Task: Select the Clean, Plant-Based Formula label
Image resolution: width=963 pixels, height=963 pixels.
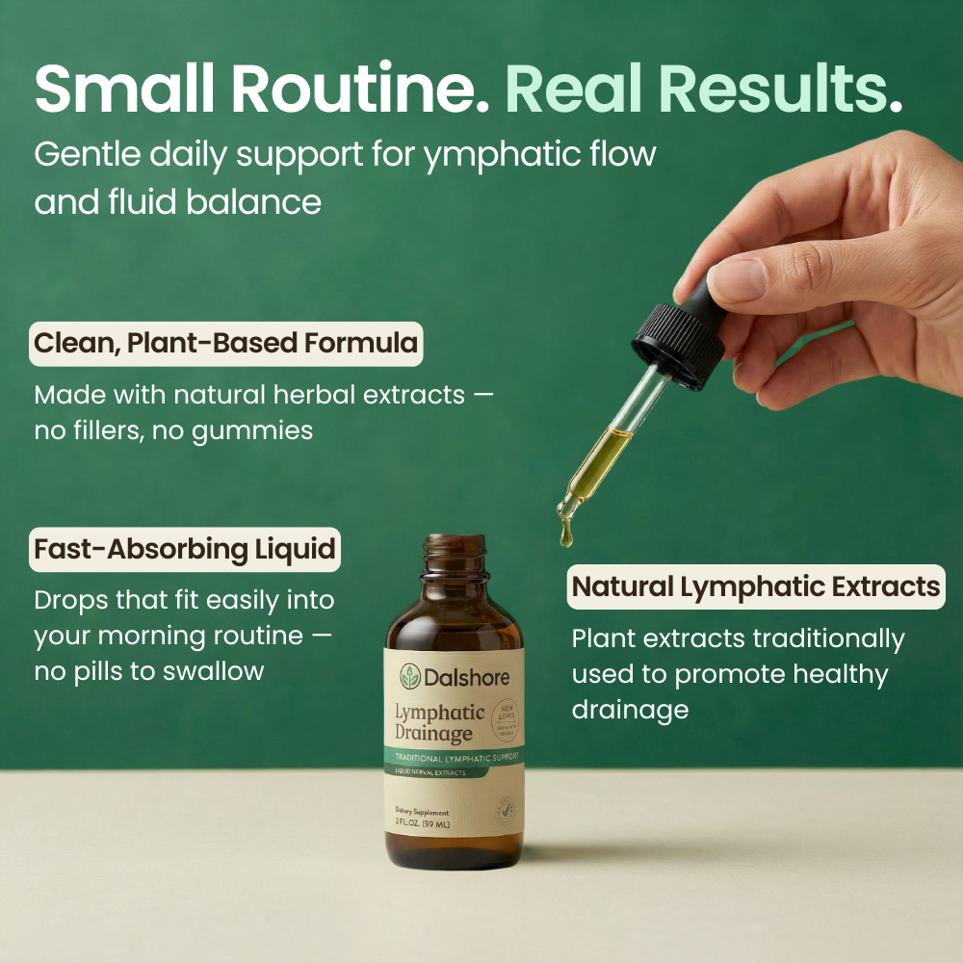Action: [226, 344]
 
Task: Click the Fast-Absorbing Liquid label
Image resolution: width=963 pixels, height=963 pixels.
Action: [185, 550]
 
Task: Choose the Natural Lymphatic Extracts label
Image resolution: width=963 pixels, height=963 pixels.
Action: [756, 586]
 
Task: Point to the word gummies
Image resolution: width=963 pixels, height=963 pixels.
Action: [252, 430]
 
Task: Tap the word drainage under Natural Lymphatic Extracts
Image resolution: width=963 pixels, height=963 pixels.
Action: [630, 710]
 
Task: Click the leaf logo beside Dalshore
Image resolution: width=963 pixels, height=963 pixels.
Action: [412, 677]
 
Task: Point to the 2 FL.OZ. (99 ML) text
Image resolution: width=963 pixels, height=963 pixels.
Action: [422, 825]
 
